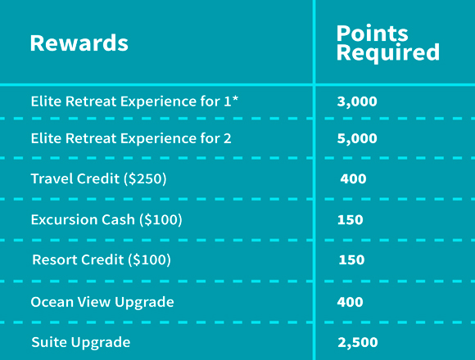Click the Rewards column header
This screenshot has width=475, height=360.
(79, 43)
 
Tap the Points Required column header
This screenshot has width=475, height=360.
(387, 43)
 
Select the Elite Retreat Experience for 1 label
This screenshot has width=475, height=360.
(134, 101)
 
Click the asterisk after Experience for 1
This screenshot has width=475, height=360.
(235, 99)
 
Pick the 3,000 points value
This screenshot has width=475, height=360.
(357, 101)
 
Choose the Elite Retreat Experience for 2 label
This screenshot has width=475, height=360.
(131, 138)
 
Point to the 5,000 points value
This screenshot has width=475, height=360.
(357, 138)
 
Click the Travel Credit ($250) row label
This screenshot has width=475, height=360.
(99, 178)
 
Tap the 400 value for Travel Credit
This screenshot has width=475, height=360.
(353, 179)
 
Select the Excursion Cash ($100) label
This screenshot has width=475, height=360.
(106, 219)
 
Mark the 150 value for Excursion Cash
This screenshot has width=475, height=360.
(351, 220)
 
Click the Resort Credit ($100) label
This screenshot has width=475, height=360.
(102, 259)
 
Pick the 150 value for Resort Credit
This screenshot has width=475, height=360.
(351, 260)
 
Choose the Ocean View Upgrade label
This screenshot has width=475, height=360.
(102, 302)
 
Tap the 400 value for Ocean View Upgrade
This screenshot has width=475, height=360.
(351, 302)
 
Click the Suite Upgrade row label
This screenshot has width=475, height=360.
(81, 343)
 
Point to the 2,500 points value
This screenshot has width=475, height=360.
(358, 343)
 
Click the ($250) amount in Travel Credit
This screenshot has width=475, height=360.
(145, 179)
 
